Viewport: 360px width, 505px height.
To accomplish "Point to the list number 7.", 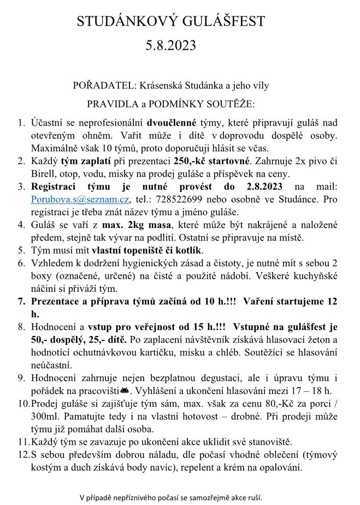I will pos(22,301).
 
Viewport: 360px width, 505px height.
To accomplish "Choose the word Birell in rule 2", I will pos(45,174).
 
